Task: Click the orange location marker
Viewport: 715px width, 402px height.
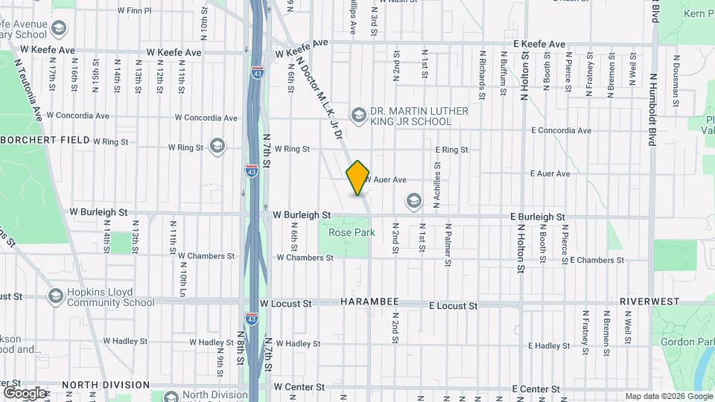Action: pyautogui.click(x=358, y=177)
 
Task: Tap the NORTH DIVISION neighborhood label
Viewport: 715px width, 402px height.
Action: pyautogui.click(x=106, y=385)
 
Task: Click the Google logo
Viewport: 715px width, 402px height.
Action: pyautogui.click(x=25, y=392)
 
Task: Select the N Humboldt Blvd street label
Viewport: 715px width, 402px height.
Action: pyautogui.click(x=653, y=105)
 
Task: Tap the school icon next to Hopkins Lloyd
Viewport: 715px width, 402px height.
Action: pyautogui.click(x=55, y=297)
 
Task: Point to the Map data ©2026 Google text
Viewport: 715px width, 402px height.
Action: pyautogui.click(x=668, y=396)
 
